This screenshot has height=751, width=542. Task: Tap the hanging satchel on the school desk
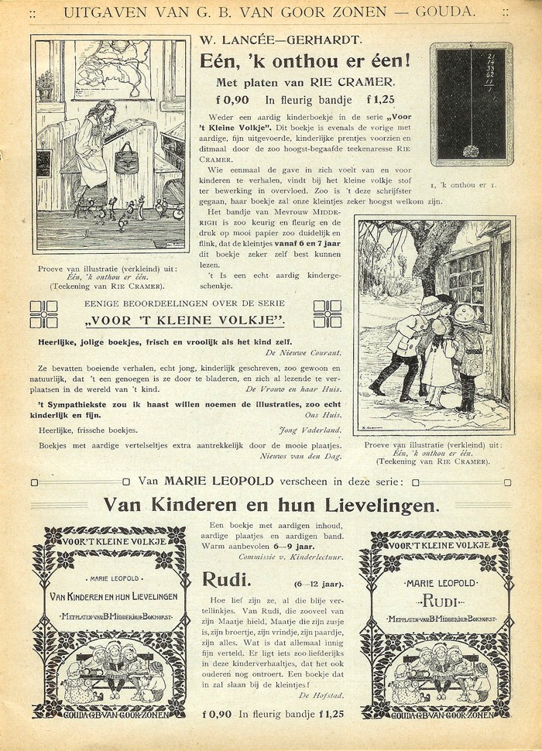(x=125, y=157)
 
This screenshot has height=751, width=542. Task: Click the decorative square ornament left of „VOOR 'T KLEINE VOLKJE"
(x=43, y=314)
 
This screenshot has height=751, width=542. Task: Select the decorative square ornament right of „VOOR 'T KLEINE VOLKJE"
(x=328, y=314)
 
